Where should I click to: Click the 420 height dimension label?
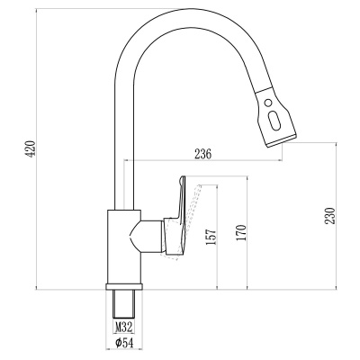pyautogui.click(x=31, y=148)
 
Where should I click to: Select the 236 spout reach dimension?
pyautogui.click(x=203, y=154)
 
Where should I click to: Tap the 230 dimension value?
pyautogui.click(x=330, y=215)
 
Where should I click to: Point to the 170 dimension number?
pyautogui.click(x=241, y=232)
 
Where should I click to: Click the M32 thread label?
pyautogui.click(x=124, y=327)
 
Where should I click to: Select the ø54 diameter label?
pyautogui.click(x=124, y=343)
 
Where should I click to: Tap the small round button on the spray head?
pyautogui.click(x=268, y=103)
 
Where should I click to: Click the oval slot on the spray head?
pyautogui.click(x=274, y=120)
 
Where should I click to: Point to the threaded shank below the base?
pyautogui.click(x=123, y=303)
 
